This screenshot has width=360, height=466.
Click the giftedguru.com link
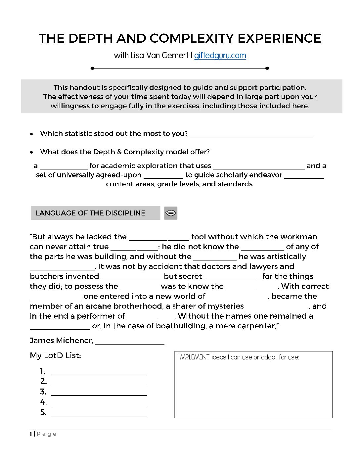tap(220, 56)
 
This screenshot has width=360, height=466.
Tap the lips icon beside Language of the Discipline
tap(171, 213)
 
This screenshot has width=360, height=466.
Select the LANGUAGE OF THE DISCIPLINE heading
tap(90, 213)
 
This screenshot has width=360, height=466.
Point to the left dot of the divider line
tap(93, 68)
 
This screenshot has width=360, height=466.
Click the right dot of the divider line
tap(267, 68)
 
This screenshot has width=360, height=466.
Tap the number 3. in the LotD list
tap(43, 392)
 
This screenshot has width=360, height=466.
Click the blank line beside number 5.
tap(99, 414)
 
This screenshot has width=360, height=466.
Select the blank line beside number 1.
tap(99, 373)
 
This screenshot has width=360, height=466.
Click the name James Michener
tap(61, 341)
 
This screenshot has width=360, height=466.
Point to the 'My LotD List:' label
tap(55, 355)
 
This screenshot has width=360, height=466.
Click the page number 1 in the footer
tap(31, 434)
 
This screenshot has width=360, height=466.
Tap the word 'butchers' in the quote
tap(48, 276)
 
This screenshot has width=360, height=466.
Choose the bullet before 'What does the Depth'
tap(31, 152)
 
